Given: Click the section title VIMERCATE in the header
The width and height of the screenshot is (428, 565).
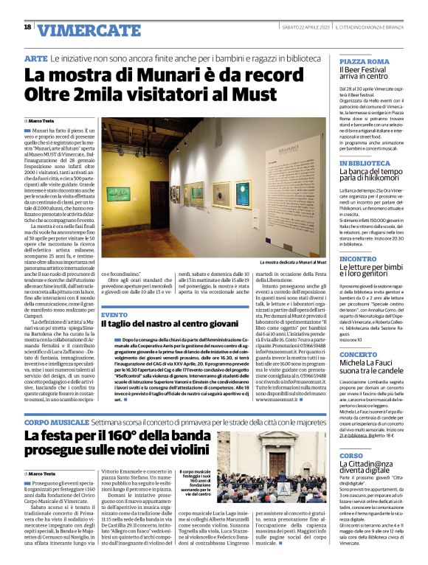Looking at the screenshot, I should pos(79,29).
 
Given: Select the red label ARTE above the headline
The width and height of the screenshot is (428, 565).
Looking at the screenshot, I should pos(36,58).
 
